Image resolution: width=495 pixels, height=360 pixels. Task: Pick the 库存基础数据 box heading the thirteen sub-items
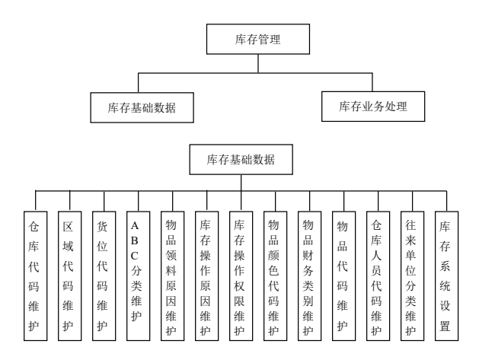click(x=241, y=160)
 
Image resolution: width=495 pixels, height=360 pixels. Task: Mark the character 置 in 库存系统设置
click(x=445, y=326)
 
